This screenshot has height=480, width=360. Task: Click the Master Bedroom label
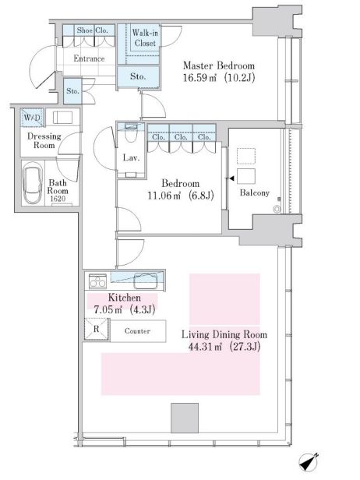pyautogui.click(x=218, y=65)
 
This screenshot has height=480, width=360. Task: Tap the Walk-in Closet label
pyautogui.click(x=145, y=37)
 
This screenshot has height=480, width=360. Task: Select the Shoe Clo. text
pyautogui.click(x=93, y=30)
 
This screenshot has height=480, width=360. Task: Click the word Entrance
pyautogui.click(x=89, y=58)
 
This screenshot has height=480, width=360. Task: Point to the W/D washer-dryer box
pyautogui.click(x=32, y=118)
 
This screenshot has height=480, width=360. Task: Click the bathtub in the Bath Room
pyautogui.click(x=33, y=183)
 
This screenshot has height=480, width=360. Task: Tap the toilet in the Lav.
pyautogui.click(x=131, y=132)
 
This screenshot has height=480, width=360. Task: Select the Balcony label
pyautogui.click(x=254, y=193)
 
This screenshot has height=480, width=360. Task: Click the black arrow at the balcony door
pyautogui.click(x=231, y=178)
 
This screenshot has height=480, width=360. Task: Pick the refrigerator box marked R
pyautogui.click(x=97, y=329)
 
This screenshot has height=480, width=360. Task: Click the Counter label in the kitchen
pyautogui.click(x=137, y=331)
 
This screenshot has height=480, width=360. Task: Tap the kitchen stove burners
pyautogui.click(x=97, y=281)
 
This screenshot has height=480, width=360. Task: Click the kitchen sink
pyautogui.click(x=146, y=281)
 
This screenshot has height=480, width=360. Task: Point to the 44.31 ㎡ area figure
pyautogui.click(x=205, y=347)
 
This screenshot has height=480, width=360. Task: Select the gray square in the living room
pyautogui.click(x=185, y=418)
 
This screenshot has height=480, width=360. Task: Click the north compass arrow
pyautogui.click(x=309, y=461)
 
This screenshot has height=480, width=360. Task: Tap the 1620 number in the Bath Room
pyautogui.click(x=58, y=199)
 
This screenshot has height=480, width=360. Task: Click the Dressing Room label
pyautogui.click(x=44, y=140)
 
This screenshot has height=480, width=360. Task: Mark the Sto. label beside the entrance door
pyautogui.click(x=73, y=91)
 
